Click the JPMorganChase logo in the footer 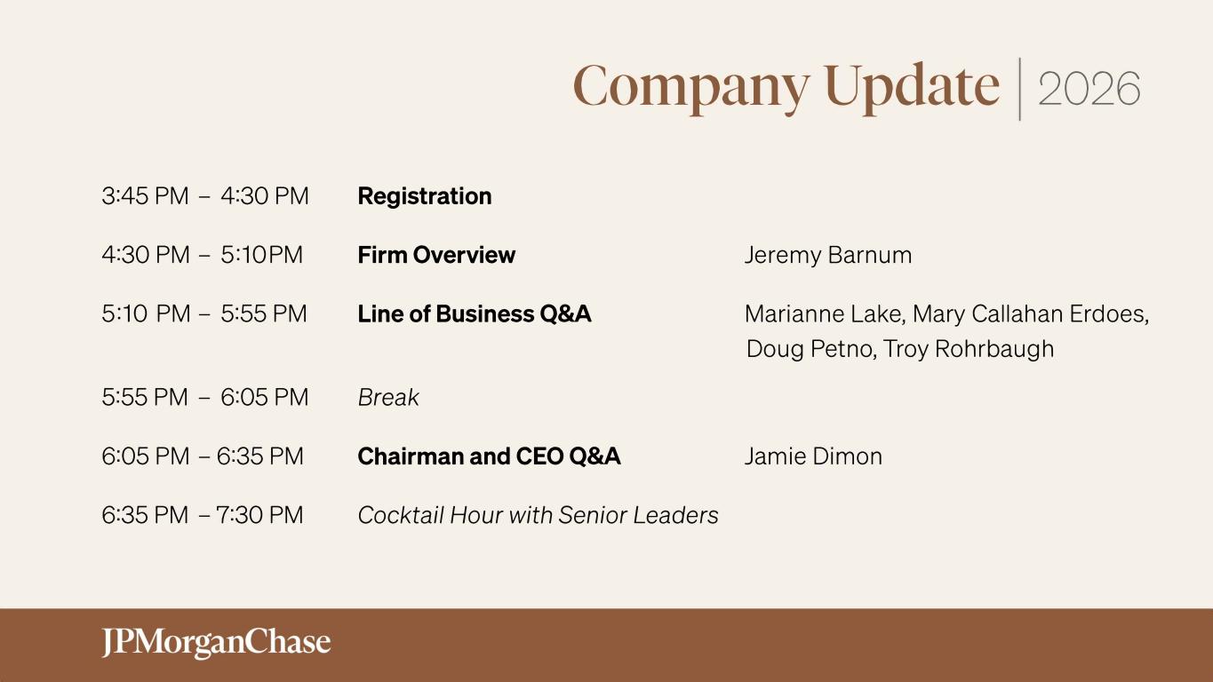click(216, 643)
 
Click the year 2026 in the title click(1089, 89)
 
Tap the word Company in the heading click(691, 89)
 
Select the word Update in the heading click(913, 89)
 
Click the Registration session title click(425, 196)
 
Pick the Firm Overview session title click(436, 255)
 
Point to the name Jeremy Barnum click(828, 256)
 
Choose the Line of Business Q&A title click(475, 314)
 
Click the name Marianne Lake click(825, 314)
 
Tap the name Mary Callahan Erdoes click(1031, 314)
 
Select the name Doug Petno click(811, 349)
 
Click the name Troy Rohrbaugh click(969, 349)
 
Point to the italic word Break click(388, 397)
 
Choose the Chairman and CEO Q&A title click(489, 456)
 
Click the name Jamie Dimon click(813, 456)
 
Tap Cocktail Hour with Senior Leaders click(539, 515)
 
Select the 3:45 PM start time click(145, 196)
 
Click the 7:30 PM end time click(259, 515)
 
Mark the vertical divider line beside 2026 click(1019, 89)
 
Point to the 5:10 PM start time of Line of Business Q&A click(147, 314)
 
